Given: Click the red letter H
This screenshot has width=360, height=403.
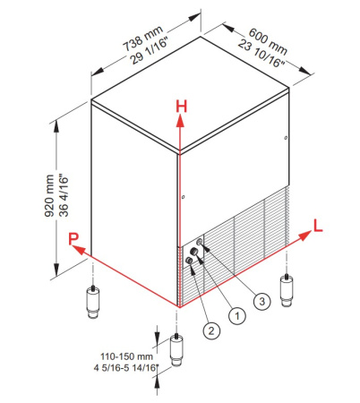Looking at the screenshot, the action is (x=182, y=107).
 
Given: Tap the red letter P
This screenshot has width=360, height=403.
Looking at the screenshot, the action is (x=73, y=239).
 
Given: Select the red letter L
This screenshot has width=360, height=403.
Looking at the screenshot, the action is (x=318, y=226).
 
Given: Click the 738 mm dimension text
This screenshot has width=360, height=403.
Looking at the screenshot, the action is (x=143, y=39).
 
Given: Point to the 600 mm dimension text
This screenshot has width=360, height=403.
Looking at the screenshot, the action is (x=268, y=41).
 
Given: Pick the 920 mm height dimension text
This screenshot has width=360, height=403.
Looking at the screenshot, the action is (x=49, y=196).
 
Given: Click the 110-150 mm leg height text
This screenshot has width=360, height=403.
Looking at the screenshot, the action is (x=126, y=356).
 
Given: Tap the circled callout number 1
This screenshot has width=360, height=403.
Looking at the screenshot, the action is (x=237, y=315).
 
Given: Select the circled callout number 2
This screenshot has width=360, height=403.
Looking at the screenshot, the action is (x=211, y=330).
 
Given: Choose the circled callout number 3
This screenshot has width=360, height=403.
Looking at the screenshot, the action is (x=261, y=301).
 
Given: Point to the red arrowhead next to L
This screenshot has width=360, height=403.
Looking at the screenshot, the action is (x=304, y=236).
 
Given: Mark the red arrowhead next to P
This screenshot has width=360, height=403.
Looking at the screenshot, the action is (x=77, y=249).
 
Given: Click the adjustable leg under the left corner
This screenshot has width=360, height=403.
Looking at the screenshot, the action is (x=93, y=302).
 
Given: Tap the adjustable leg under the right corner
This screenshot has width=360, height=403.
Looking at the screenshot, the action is (x=287, y=290).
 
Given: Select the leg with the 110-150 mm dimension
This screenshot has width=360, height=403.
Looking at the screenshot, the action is (x=176, y=349).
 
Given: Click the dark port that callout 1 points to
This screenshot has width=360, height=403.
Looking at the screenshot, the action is (x=194, y=251).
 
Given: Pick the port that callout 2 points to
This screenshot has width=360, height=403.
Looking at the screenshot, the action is (x=189, y=261).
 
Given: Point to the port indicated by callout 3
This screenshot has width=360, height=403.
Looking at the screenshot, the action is (x=200, y=242).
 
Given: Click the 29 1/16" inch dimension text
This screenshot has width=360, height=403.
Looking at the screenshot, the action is (x=150, y=51).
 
